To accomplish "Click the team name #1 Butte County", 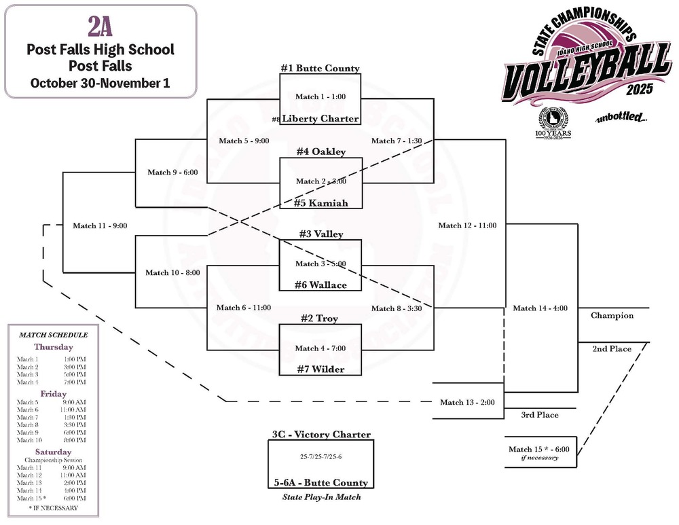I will click(320, 69).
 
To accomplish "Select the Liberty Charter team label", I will click(320, 119).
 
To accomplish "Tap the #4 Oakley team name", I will click(320, 151).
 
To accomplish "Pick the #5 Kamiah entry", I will click(320, 202).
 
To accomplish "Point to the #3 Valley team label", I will click(320, 234).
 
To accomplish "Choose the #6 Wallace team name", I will click(320, 285).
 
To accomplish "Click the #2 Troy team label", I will click(320, 319).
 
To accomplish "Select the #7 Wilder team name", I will click(320, 369).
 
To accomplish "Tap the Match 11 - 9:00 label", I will click(100, 225).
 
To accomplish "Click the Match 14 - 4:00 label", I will click(540, 308).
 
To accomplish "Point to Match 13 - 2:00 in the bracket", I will click(467, 402).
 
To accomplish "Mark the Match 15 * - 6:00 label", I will click(538, 449).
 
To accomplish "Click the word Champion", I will click(612, 315).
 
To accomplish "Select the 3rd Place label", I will click(540, 414).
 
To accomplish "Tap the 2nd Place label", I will click(611, 349).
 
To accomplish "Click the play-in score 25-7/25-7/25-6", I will click(320, 456).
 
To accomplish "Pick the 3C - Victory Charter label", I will click(320, 435).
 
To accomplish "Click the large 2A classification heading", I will click(100, 26).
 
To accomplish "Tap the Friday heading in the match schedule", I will click(52, 394).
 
